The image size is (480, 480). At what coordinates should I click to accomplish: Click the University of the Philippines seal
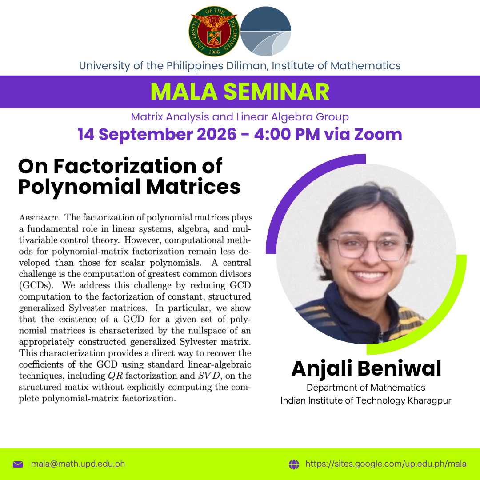(214, 31)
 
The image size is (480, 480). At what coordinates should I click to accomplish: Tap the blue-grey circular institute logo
(266, 31)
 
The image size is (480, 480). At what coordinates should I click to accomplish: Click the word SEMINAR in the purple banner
(276, 92)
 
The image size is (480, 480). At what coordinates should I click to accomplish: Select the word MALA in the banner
(184, 92)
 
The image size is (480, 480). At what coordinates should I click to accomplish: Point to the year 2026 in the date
(216, 134)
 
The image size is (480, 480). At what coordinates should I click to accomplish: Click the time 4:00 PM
(287, 134)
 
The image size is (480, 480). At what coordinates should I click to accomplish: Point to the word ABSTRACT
(39, 218)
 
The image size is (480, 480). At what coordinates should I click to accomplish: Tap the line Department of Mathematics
(366, 388)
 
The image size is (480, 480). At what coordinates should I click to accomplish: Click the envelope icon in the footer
(18, 464)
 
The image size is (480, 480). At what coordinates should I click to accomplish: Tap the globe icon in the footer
(294, 464)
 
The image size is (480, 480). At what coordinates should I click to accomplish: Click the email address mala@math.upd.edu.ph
(78, 464)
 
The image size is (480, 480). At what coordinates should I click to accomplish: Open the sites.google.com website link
(386, 464)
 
